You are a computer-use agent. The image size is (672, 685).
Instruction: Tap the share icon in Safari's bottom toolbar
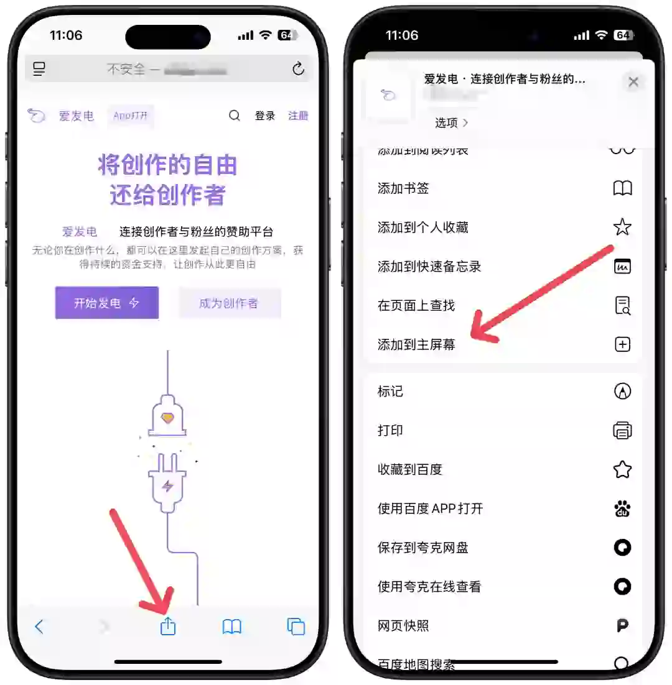point(168,627)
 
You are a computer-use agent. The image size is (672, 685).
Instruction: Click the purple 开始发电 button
point(107,303)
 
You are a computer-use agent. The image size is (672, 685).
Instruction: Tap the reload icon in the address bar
point(299,69)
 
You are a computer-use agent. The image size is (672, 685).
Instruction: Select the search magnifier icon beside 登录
point(235,116)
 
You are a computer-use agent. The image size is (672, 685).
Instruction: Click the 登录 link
point(264,116)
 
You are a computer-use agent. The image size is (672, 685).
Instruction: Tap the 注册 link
point(298,116)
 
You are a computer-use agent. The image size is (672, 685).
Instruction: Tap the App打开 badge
point(131,116)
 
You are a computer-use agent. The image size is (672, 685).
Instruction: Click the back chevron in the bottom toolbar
point(39,627)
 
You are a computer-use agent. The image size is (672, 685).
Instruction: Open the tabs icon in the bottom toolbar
point(296,627)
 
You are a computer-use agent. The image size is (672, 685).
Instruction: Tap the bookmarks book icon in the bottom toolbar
point(232,627)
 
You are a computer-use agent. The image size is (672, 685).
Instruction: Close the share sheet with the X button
point(633,81)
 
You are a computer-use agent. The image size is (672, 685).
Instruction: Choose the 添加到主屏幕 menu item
point(416,344)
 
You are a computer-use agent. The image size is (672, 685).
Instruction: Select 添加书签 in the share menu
point(403,188)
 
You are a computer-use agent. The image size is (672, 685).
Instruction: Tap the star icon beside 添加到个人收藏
point(622,228)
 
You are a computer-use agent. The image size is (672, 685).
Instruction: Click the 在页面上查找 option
point(416,305)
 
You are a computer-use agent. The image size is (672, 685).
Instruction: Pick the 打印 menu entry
point(390,430)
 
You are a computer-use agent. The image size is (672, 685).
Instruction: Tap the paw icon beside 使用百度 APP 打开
point(622,509)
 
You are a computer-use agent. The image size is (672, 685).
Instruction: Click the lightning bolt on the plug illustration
point(167,485)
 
